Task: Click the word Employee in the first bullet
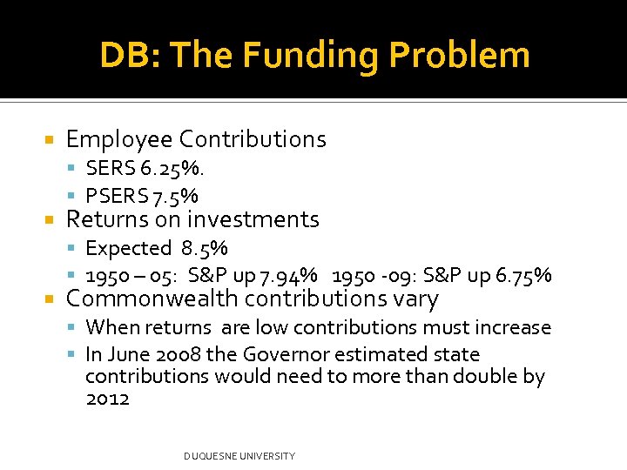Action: pos(119,139)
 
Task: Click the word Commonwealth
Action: pos(153,299)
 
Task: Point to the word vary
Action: pos(416,299)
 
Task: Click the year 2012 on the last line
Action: pos(107,399)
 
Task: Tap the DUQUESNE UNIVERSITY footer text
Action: pos(239,456)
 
